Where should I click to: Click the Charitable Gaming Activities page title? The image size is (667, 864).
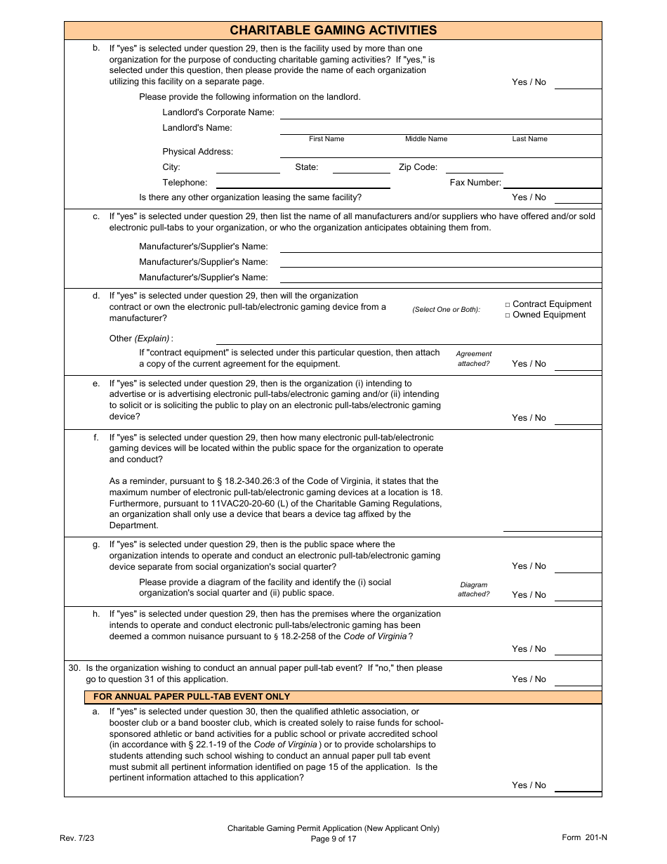click(333, 30)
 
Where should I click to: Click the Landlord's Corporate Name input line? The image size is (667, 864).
click(440, 114)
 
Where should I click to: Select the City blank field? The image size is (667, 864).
click(248, 169)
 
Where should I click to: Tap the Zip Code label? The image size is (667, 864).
click(418, 167)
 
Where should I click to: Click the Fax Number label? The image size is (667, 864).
click(475, 183)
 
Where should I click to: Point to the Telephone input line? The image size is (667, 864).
click(303, 183)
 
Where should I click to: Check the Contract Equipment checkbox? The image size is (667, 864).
click(508, 305)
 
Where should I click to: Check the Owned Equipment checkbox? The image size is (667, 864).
click(508, 315)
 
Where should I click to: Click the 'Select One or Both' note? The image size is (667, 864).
click(446, 310)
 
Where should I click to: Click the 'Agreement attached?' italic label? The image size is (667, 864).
click(474, 359)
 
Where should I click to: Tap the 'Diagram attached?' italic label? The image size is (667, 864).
click(474, 589)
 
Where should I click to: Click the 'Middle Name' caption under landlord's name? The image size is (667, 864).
click(426, 139)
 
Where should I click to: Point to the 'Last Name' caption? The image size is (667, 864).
click(529, 139)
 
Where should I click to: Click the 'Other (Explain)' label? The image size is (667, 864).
click(140, 339)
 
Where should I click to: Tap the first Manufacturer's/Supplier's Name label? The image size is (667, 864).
click(204, 247)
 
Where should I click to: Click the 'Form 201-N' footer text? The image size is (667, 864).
click(584, 837)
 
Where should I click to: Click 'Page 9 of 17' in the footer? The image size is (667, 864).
click(333, 839)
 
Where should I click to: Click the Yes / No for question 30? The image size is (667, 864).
click(529, 679)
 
